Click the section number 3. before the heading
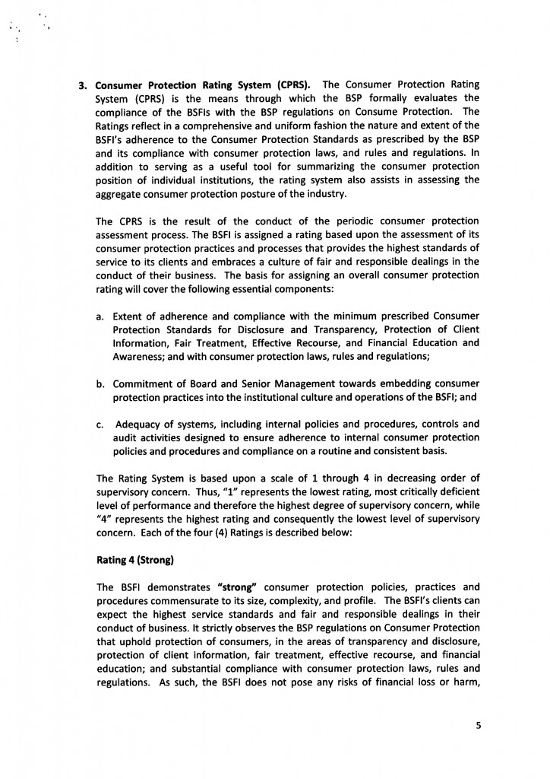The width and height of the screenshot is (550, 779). coord(85,84)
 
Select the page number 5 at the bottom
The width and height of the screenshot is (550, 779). coord(479,725)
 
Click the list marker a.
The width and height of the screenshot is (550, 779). coord(101,316)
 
